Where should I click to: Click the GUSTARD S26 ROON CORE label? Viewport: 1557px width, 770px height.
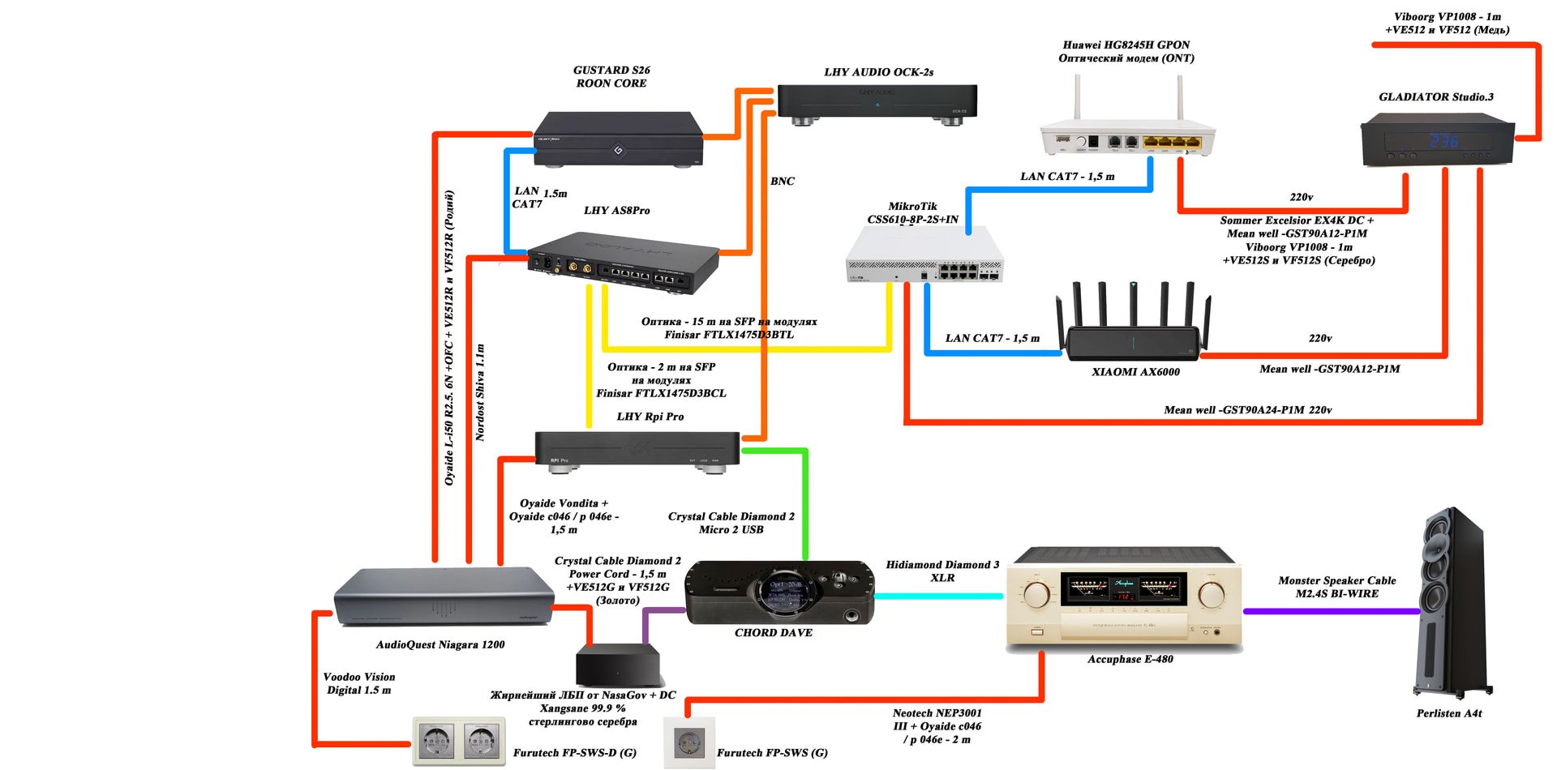(x=611, y=77)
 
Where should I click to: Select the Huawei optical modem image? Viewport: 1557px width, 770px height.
(x=1127, y=134)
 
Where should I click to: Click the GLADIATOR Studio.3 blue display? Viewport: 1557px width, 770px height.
(x=1443, y=140)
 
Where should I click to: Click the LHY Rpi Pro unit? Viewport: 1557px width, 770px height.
(x=637, y=448)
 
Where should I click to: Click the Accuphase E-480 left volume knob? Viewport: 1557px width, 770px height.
(x=1036, y=594)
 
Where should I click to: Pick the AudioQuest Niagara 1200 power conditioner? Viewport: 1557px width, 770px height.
(x=444, y=597)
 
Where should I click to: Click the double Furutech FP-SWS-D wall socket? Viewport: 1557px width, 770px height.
(x=458, y=741)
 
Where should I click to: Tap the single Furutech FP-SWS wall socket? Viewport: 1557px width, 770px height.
(x=689, y=742)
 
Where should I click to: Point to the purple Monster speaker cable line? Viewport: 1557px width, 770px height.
(x=1330, y=611)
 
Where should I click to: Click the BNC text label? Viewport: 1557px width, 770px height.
(x=783, y=181)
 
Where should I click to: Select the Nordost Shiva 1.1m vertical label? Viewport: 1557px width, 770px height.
(x=480, y=392)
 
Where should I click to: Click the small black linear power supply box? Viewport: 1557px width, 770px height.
(x=618, y=665)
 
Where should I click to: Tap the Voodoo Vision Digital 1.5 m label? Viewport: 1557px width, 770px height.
(x=359, y=683)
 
